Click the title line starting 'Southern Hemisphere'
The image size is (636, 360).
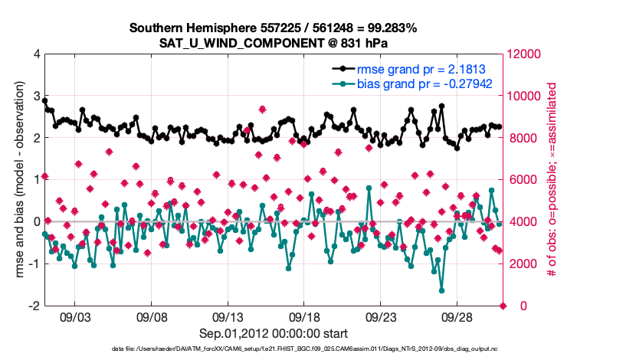click(273, 28)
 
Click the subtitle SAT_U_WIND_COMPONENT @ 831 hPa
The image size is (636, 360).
click(273, 42)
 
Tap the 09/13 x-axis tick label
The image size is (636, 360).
click(228, 316)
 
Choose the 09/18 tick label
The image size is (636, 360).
click(304, 316)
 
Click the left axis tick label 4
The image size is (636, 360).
click(36, 54)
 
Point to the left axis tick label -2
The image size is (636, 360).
click(34, 306)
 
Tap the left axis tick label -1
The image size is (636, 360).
click(34, 263)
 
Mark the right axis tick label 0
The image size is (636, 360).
click(512, 306)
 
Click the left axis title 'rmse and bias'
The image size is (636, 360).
click(19, 180)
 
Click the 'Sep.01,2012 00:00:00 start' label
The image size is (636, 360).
click(274, 333)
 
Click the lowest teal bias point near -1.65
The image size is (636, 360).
click(442, 290)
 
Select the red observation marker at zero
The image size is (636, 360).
click(503, 306)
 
